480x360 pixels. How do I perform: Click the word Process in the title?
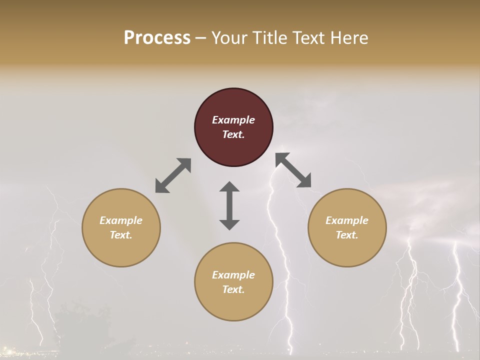coord(157,38)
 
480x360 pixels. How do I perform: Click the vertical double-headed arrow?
coord(229,205)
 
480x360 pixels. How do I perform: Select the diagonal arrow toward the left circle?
coord(173,175)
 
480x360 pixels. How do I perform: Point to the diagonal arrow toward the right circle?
coord(293,170)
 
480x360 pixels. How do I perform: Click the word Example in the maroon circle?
coord(233,120)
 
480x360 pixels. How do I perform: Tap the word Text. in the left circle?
coord(121,235)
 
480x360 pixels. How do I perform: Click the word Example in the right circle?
coord(347,220)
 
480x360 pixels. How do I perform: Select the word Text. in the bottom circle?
coord(233,289)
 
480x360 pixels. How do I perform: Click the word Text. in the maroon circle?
coord(233,134)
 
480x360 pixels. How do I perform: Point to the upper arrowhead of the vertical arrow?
coord(229,187)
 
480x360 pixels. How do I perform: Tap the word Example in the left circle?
coord(121,220)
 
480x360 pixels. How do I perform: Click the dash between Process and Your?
coord(201,38)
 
